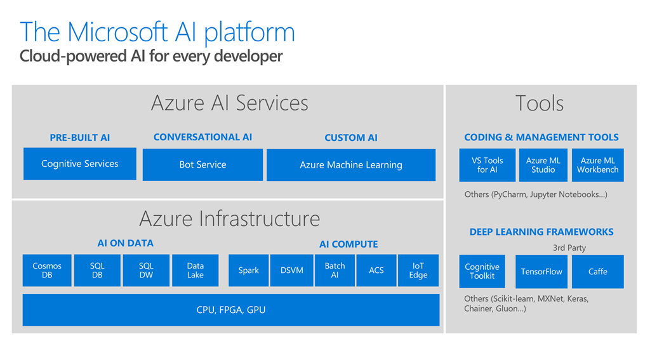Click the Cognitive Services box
pos(79,164)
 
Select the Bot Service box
pos(202,164)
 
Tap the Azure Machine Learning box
pos(351,165)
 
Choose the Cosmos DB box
pos(47,270)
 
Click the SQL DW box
pos(146,270)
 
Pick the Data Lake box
pos(195,270)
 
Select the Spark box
pos(248,270)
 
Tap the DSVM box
pos(291,270)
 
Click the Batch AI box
pos(335,270)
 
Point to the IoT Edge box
pos(418,270)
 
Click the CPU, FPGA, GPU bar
pos(230,310)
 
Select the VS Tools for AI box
pos(487,165)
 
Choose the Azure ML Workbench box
pos(597,165)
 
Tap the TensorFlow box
pos(541,272)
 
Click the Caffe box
pos(597,272)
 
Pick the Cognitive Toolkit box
pos(482,272)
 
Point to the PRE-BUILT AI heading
pos(79,138)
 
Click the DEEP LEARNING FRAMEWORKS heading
pos(541,232)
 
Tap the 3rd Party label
pos(569,248)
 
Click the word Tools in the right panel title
pos(540,103)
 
